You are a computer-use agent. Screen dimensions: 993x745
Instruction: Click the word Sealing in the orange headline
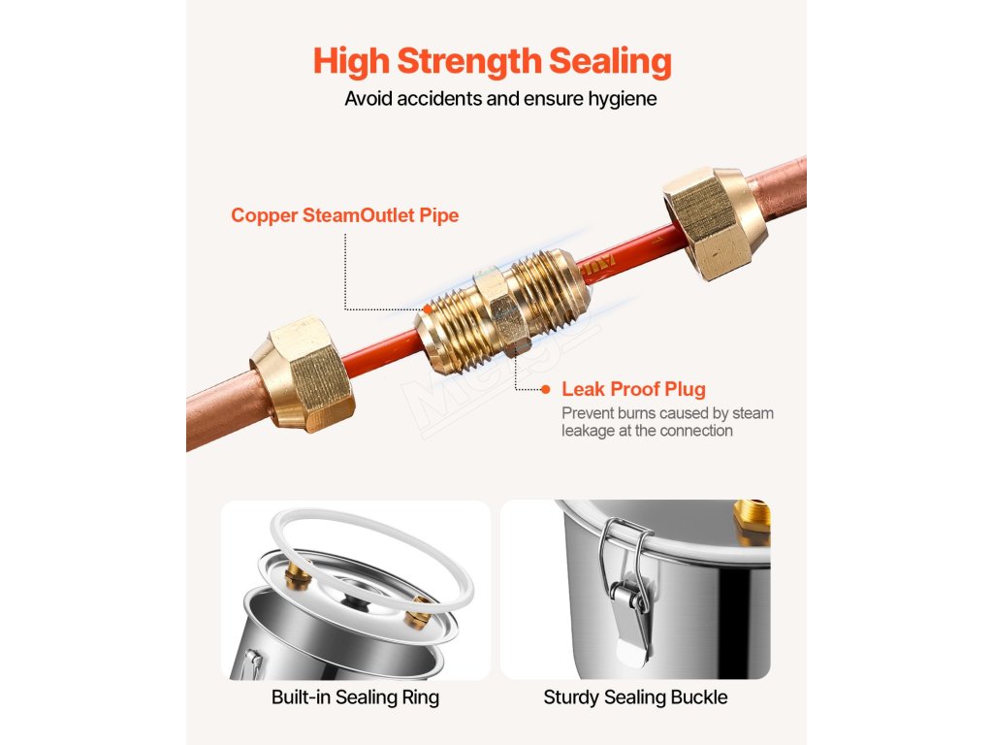(610, 62)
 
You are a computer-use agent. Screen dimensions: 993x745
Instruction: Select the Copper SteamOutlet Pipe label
(344, 215)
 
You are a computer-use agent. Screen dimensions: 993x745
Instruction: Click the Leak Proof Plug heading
(633, 389)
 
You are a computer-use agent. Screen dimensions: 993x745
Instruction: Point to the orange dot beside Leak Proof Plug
(545, 389)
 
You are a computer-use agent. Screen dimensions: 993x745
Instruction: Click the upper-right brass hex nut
(715, 222)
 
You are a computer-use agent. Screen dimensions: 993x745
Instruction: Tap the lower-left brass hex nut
(303, 375)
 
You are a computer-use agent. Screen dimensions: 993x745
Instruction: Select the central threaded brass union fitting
(503, 309)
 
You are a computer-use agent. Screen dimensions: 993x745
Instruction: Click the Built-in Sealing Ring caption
(355, 697)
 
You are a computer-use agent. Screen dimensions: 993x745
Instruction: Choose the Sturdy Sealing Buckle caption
(635, 697)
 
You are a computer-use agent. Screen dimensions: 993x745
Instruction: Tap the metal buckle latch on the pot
(627, 589)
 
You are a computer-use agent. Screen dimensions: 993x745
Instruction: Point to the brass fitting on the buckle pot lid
(752, 521)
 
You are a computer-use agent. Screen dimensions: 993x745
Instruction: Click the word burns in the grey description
(639, 413)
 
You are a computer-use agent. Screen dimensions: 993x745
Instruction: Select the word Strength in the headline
(468, 62)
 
